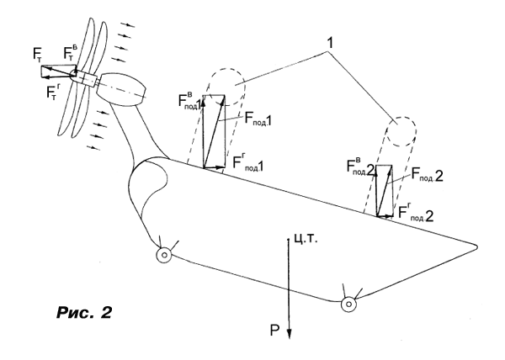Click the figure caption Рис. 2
[x=84, y=312]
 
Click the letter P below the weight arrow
[x=274, y=330]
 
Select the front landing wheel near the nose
[x=164, y=255]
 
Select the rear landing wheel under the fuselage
[x=348, y=304]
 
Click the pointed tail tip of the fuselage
[x=476, y=247]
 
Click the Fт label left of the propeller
[x=37, y=54]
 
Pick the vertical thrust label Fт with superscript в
[x=70, y=53]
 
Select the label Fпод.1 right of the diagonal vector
[x=258, y=119]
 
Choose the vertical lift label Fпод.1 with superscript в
[x=190, y=100]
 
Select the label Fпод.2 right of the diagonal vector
[x=427, y=175]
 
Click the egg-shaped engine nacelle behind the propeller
[x=122, y=89]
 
